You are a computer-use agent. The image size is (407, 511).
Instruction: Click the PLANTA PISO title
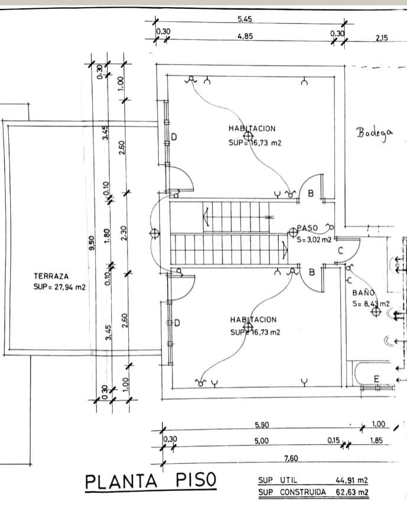tap(151, 481)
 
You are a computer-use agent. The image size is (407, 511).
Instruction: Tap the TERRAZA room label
tap(51, 276)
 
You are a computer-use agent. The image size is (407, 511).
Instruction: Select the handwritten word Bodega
tap(375, 134)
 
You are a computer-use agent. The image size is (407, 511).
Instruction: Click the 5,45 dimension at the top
tap(245, 19)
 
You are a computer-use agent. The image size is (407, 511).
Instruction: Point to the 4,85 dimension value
tap(245, 36)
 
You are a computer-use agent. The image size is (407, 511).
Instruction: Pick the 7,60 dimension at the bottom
tap(291, 458)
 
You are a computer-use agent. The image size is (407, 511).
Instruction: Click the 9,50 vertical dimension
tap(92, 243)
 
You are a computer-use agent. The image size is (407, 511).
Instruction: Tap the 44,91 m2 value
tap(351, 480)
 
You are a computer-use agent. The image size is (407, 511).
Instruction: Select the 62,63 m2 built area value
tap(352, 492)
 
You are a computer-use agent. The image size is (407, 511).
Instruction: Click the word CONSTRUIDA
tap(302, 492)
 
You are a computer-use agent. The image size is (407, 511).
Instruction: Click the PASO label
tap(307, 228)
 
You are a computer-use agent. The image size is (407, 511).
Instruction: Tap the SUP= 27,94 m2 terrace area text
tap(59, 287)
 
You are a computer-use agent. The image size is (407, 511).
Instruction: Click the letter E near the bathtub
tap(376, 379)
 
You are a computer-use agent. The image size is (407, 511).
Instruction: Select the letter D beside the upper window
tap(174, 137)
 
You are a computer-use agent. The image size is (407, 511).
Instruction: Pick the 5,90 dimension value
tap(262, 425)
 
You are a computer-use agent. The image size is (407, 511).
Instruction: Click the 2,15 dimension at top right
tap(382, 38)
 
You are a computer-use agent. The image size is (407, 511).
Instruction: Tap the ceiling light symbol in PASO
tap(293, 232)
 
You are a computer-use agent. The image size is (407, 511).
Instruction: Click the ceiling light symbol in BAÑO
tap(376, 312)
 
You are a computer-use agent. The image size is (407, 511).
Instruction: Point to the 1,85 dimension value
tap(376, 441)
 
